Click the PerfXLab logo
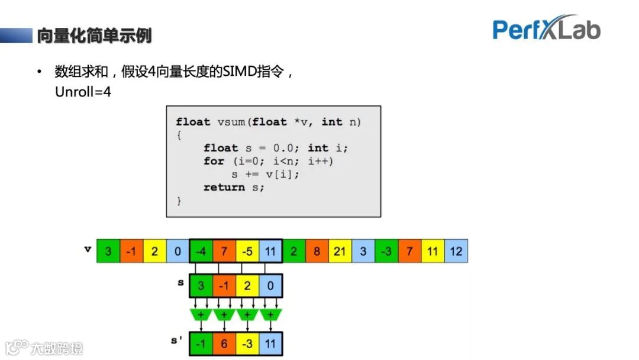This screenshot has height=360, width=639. [546, 28]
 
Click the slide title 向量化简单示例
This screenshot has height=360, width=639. [94, 36]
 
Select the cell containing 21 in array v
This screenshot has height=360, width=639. [340, 251]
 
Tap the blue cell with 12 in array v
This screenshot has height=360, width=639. [456, 251]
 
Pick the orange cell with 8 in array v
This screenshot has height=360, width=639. [317, 251]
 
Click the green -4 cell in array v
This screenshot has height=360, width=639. [201, 251]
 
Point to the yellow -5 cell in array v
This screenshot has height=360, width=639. [247, 251]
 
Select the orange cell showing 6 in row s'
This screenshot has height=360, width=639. [224, 343]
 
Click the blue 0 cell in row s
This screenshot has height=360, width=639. [270, 285]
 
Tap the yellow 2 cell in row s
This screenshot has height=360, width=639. [247, 285]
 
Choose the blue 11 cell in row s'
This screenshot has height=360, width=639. [270, 343]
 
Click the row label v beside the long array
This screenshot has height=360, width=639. [88, 249]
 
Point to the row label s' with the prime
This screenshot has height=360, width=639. [177, 342]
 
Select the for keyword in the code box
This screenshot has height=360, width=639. [214, 161]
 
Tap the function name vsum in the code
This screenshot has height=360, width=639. [231, 122]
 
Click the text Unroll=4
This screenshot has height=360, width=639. [83, 92]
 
